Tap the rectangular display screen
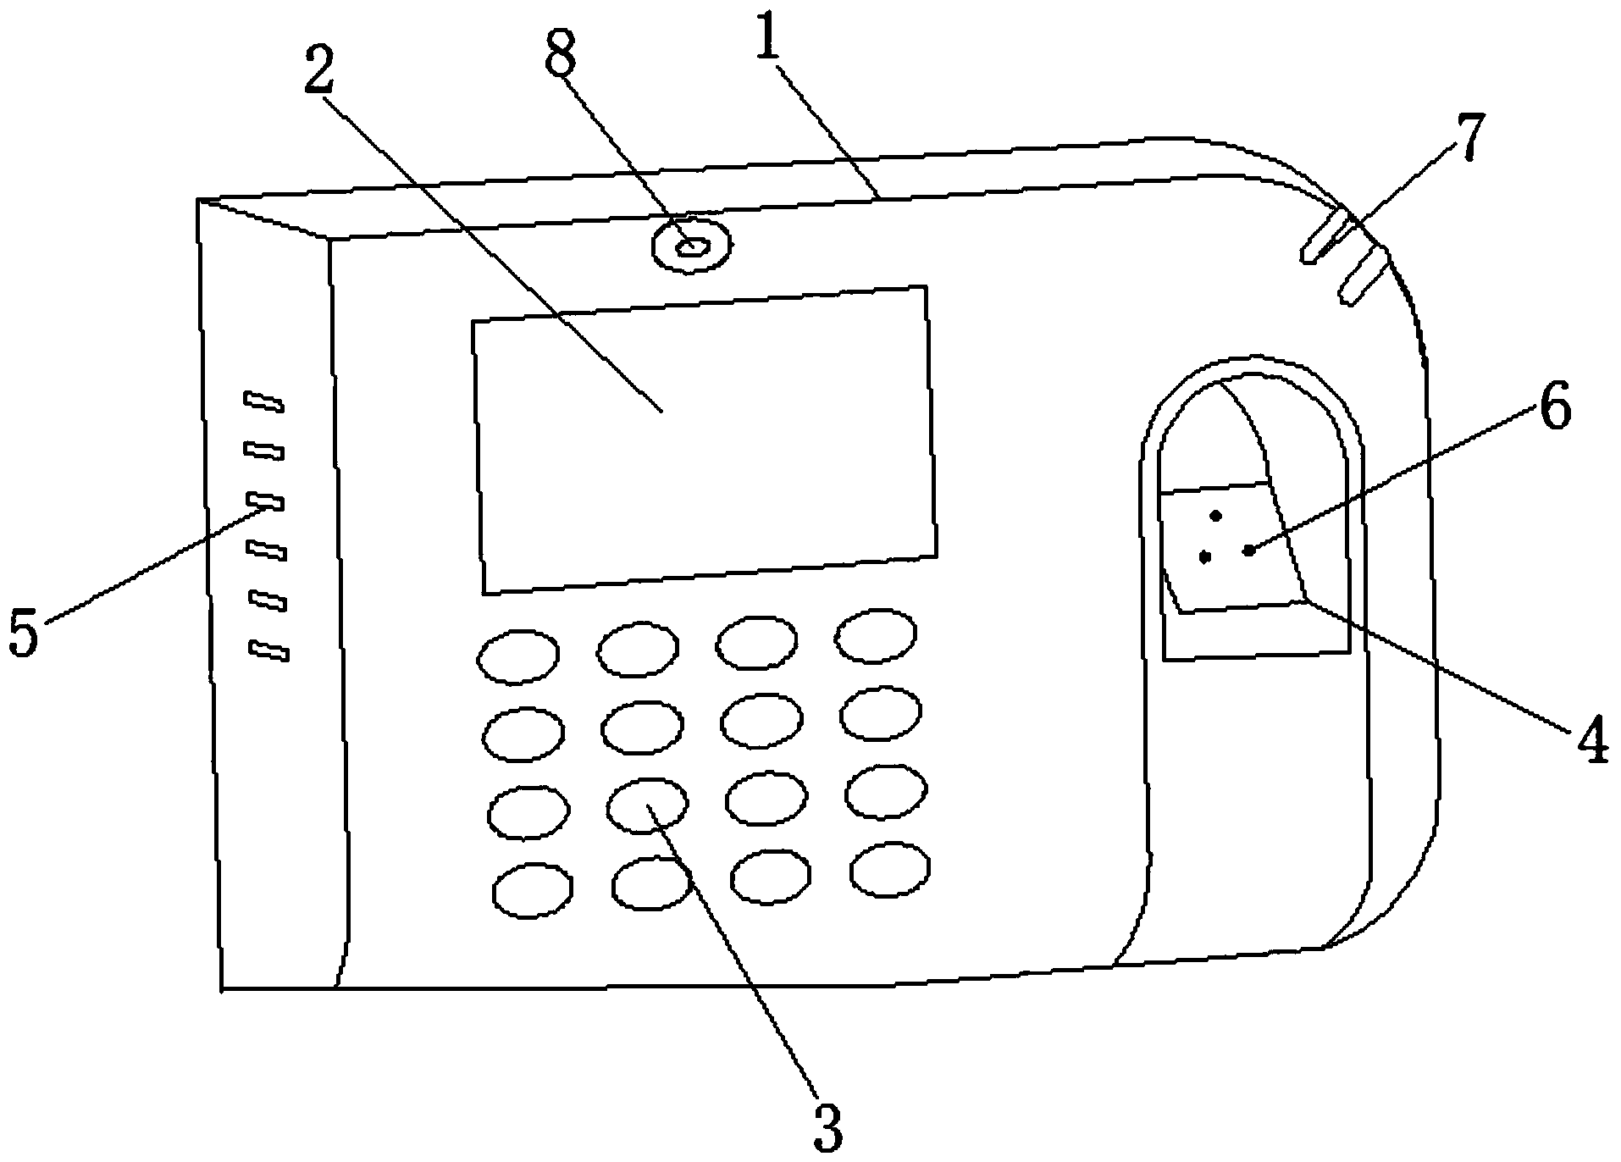click(705, 440)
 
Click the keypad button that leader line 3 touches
click(647, 805)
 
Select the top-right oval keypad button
click(876, 636)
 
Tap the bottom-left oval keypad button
click(533, 891)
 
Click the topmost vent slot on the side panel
click(263, 401)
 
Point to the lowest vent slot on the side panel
click(270, 650)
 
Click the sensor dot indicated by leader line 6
click(1248, 551)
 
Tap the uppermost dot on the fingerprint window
click(1216, 516)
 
